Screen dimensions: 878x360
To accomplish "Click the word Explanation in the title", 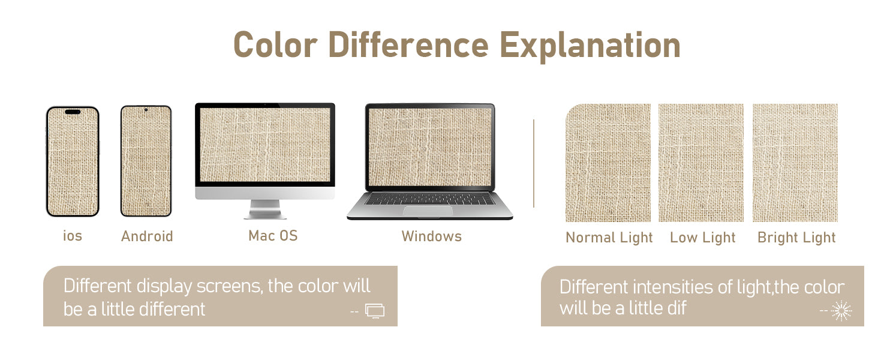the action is [590, 46].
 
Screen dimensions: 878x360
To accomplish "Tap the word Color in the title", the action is [275, 45].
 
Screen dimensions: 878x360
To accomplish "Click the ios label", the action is [73, 236].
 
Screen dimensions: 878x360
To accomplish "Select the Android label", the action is [147, 236].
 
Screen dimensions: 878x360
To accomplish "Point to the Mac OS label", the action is [273, 236].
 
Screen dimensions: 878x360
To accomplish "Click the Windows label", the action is [432, 236].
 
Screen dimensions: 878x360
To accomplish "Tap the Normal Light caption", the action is [609, 238].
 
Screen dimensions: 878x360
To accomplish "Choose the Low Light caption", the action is [702, 238].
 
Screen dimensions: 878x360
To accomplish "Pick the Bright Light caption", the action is [796, 238].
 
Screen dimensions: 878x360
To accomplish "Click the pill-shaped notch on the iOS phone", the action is [73, 112].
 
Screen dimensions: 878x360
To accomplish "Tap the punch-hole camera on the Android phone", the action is [146, 110].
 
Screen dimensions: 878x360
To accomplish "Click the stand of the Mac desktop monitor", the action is [265, 209].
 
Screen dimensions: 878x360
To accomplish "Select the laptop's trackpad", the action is [428, 210].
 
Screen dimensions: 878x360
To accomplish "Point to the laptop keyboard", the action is [429, 199].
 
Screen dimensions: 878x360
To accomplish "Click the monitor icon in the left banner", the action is [375, 311].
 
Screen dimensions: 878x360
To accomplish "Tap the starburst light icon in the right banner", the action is [841, 311].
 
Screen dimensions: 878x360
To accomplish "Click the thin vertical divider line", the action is [534, 163].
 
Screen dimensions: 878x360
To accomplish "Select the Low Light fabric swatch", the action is [701, 163].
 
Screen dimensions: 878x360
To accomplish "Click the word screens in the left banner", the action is [229, 286].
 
